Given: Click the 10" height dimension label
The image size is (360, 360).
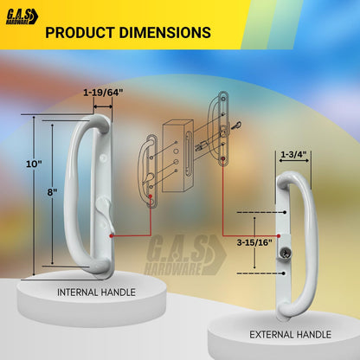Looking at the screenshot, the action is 34,164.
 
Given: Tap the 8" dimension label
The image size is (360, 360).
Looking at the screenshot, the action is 52,192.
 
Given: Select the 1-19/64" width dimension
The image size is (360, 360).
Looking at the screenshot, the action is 103,93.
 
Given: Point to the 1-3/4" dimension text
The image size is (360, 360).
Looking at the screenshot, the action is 293,154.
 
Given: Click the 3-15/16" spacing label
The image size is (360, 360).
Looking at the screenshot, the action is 254,242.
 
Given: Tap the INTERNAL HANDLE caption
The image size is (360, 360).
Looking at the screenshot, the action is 96,292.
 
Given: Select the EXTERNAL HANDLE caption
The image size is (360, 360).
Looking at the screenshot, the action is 290,335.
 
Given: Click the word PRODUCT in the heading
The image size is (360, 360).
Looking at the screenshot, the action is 80,32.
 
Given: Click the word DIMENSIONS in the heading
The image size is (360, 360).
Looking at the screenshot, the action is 165,32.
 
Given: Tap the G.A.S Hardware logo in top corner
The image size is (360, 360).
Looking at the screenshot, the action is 22,16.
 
